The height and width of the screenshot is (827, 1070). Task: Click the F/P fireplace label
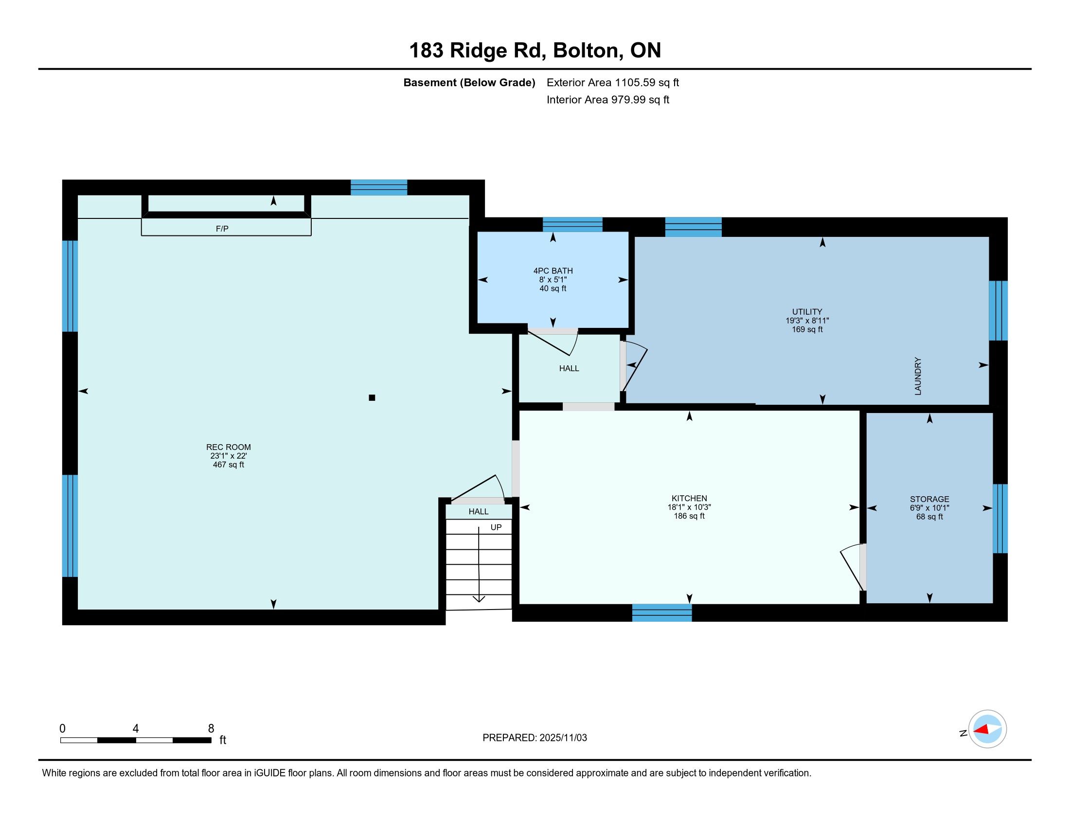pyautogui.click(x=222, y=228)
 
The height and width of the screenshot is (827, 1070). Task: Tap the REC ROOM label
pyautogui.click(x=228, y=447)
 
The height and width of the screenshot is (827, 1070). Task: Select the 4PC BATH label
pyautogui.click(x=553, y=270)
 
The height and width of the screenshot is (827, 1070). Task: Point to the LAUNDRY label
pyautogui.click(x=918, y=376)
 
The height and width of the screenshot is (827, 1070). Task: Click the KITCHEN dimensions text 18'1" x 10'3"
pyautogui.click(x=689, y=507)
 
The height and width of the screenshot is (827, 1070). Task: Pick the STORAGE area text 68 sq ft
pyautogui.click(x=929, y=516)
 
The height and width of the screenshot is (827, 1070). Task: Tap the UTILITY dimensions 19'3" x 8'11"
pyautogui.click(x=807, y=321)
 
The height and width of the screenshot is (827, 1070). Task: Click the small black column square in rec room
pyautogui.click(x=372, y=398)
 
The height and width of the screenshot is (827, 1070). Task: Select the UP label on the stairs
pyautogui.click(x=496, y=527)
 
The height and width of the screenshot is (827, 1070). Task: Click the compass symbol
pyautogui.click(x=987, y=729)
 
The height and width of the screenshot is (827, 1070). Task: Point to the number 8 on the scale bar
pyautogui.click(x=211, y=729)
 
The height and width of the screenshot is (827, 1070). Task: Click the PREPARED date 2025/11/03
pyautogui.click(x=562, y=737)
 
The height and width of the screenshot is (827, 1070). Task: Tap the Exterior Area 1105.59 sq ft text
pyautogui.click(x=612, y=82)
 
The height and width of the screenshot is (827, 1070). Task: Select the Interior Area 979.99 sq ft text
pyautogui.click(x=607, y=99)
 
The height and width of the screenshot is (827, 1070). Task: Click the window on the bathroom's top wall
pyautogui.click(x=572, y=224)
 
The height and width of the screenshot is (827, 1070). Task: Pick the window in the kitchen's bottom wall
pyautogui.click(x=662, y=612)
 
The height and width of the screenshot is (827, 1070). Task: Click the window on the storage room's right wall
pyautogui.click(x=1000, y=519)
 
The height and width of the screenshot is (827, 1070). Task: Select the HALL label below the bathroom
pyautogui.click(x=569, y=368)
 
